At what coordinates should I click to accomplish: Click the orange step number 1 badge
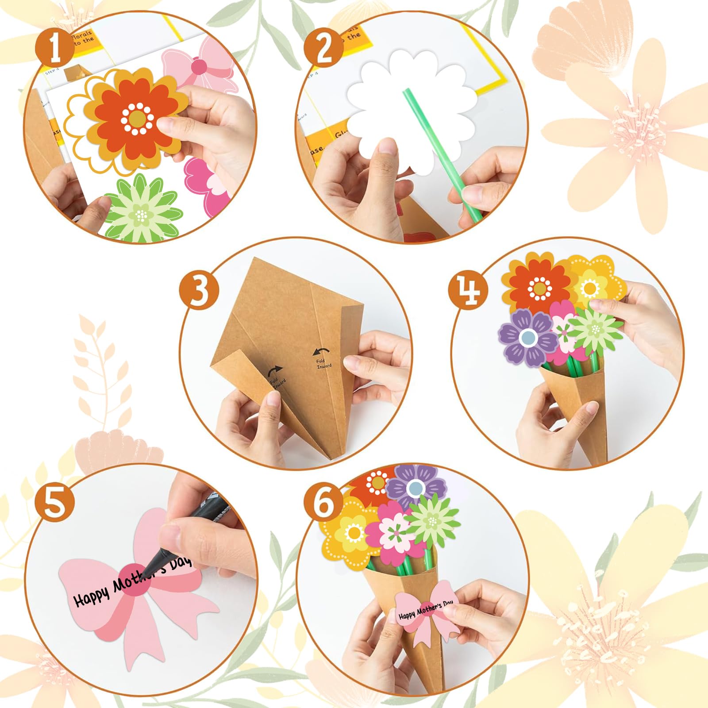click(55, 48)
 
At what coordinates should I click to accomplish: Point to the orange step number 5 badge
click(55, 504)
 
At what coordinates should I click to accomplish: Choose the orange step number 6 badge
click(324, 504)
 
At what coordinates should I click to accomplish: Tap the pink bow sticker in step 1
click(199, 66)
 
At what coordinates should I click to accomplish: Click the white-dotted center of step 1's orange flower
click(138, 119)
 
